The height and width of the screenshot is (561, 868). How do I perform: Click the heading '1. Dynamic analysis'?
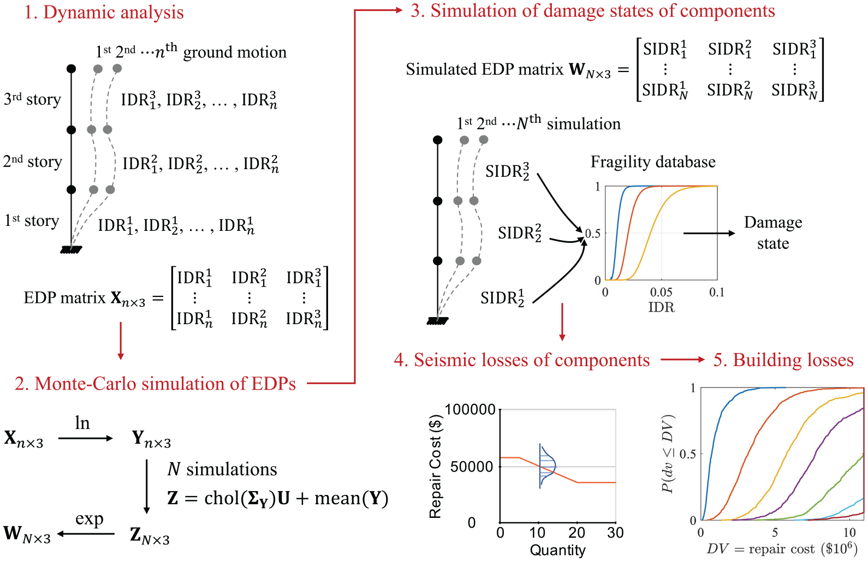pyautogui.click(x=104, y=12)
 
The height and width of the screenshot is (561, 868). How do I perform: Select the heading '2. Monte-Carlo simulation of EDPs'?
pyautogui.click(x=156, y=384)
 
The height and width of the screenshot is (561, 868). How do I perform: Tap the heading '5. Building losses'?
pyautogui.click(x=783, y=360)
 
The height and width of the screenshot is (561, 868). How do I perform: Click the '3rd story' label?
pyautogui.click(x=33, y=99)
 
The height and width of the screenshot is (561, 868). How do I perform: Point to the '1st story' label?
pyautogui.click(x=32, y=221)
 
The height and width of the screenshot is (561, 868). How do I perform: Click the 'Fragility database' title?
pyautogui.click(x=653, y=162)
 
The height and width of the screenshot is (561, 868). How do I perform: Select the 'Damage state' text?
pyautogui.click(x=773, y=233)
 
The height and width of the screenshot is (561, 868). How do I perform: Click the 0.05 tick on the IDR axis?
pyautogui.click(x=661, y=292)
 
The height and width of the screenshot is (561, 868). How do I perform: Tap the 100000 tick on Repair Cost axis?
pyautogui.click(x=471, y=409)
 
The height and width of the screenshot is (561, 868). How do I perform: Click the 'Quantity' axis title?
pyautogui.click(x=557, y=550)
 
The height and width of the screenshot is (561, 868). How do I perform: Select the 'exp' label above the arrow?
pyautogui.click(x=89, y=519)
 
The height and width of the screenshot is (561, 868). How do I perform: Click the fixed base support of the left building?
pyautogui.click(x=72, y=249)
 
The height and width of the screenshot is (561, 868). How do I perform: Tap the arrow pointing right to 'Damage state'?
pyautogui.click(x=709, y=233)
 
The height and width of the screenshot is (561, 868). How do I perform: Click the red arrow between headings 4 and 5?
pyautogui.click(x=683, y=360)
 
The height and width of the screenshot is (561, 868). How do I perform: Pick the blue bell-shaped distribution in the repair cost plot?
pyautogui.click(x=548, y=466)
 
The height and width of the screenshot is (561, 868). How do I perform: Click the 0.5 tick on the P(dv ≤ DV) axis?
pyautogui.click(x=688, y=454)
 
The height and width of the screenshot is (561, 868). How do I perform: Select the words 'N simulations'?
pyautogui.click(x=222, y=469)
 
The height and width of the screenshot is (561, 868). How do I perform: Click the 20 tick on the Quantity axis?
pyautogui.click(x=576, y=533)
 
